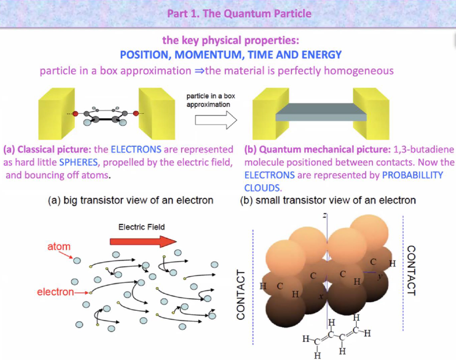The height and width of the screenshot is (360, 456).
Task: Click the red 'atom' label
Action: click(59, 246)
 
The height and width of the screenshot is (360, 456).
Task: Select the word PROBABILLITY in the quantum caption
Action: click(412, 175)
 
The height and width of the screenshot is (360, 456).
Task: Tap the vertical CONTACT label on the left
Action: click(241, 294)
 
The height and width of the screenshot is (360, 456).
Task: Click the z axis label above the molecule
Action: click(325, 216)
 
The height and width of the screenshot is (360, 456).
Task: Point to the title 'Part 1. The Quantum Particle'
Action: click(239, 13)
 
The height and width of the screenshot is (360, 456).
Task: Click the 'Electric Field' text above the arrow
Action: click(141, 227)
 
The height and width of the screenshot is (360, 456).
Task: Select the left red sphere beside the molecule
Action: click(75, 114)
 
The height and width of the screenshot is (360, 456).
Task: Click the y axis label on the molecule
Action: click(379, 277)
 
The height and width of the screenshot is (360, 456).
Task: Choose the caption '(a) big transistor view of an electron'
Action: click(130, 200)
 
